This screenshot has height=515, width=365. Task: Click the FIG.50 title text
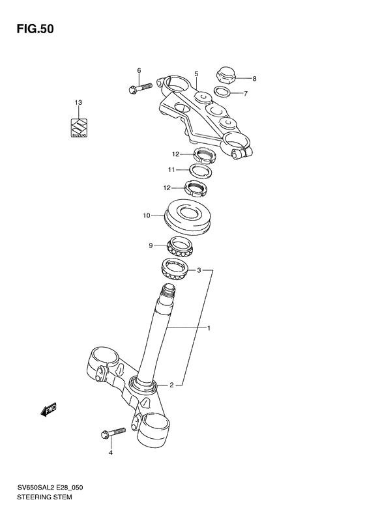click(31, 29)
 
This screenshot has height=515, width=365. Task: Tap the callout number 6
click(139, 70)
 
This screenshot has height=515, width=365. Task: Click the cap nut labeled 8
click(226, 76)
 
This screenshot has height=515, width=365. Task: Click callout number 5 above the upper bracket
click(196, 74)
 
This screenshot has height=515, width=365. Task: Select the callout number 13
click(78, 103)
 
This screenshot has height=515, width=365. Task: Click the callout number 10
click(147, 215)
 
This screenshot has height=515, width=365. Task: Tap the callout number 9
click(151, 245)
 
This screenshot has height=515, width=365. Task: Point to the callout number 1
click(209, 328)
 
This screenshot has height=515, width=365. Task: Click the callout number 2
click(171, 385)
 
